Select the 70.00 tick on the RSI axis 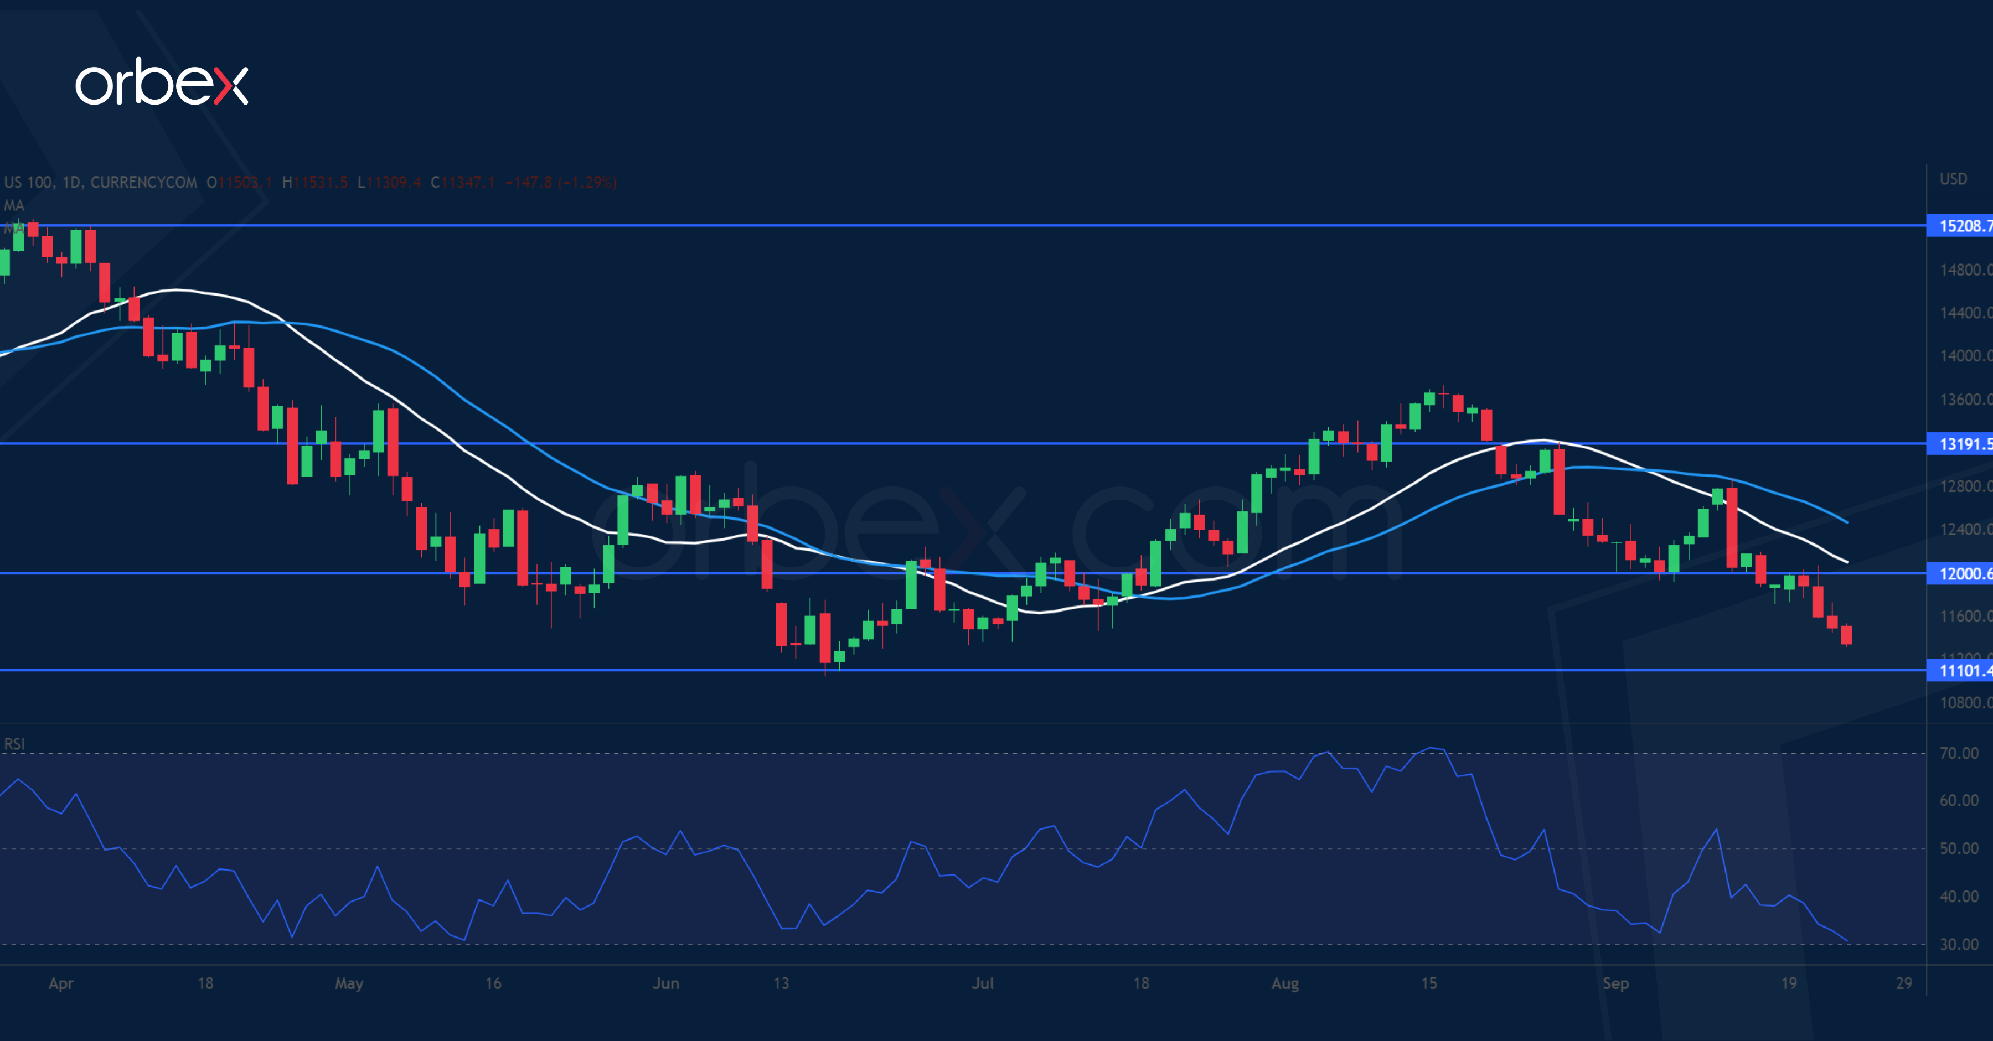coord(1958,753)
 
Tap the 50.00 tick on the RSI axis coord(1958,848)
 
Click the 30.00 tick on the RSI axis coord(1958,944)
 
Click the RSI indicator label coord(14,744)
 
